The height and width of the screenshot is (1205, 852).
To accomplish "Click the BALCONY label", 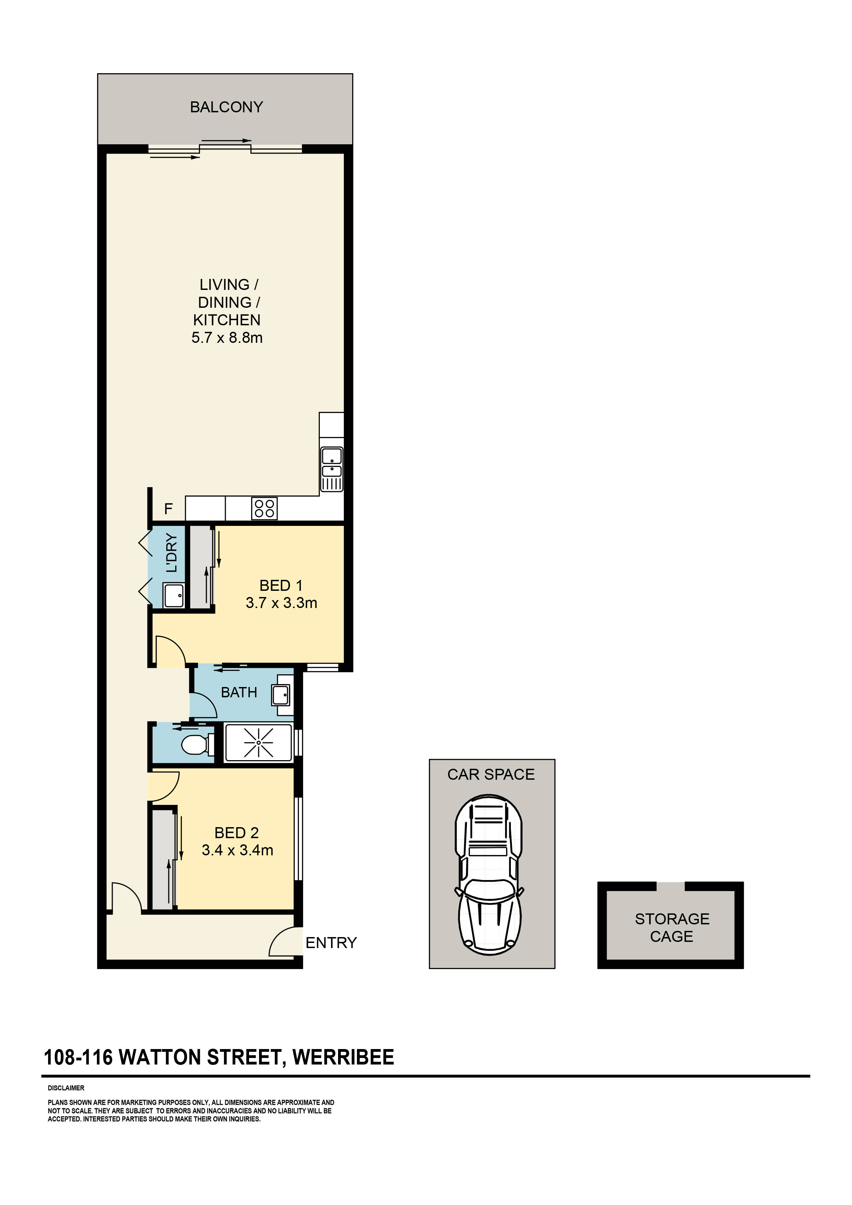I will [x=226, y=107].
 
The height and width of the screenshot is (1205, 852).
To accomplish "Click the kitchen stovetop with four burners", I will [x=264, y=508].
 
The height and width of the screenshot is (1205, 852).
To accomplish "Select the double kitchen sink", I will [x=332, y=463].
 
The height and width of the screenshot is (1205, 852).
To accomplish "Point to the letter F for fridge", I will [x=168, y=509].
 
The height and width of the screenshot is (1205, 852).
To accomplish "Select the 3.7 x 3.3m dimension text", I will [x=281, y=603].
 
